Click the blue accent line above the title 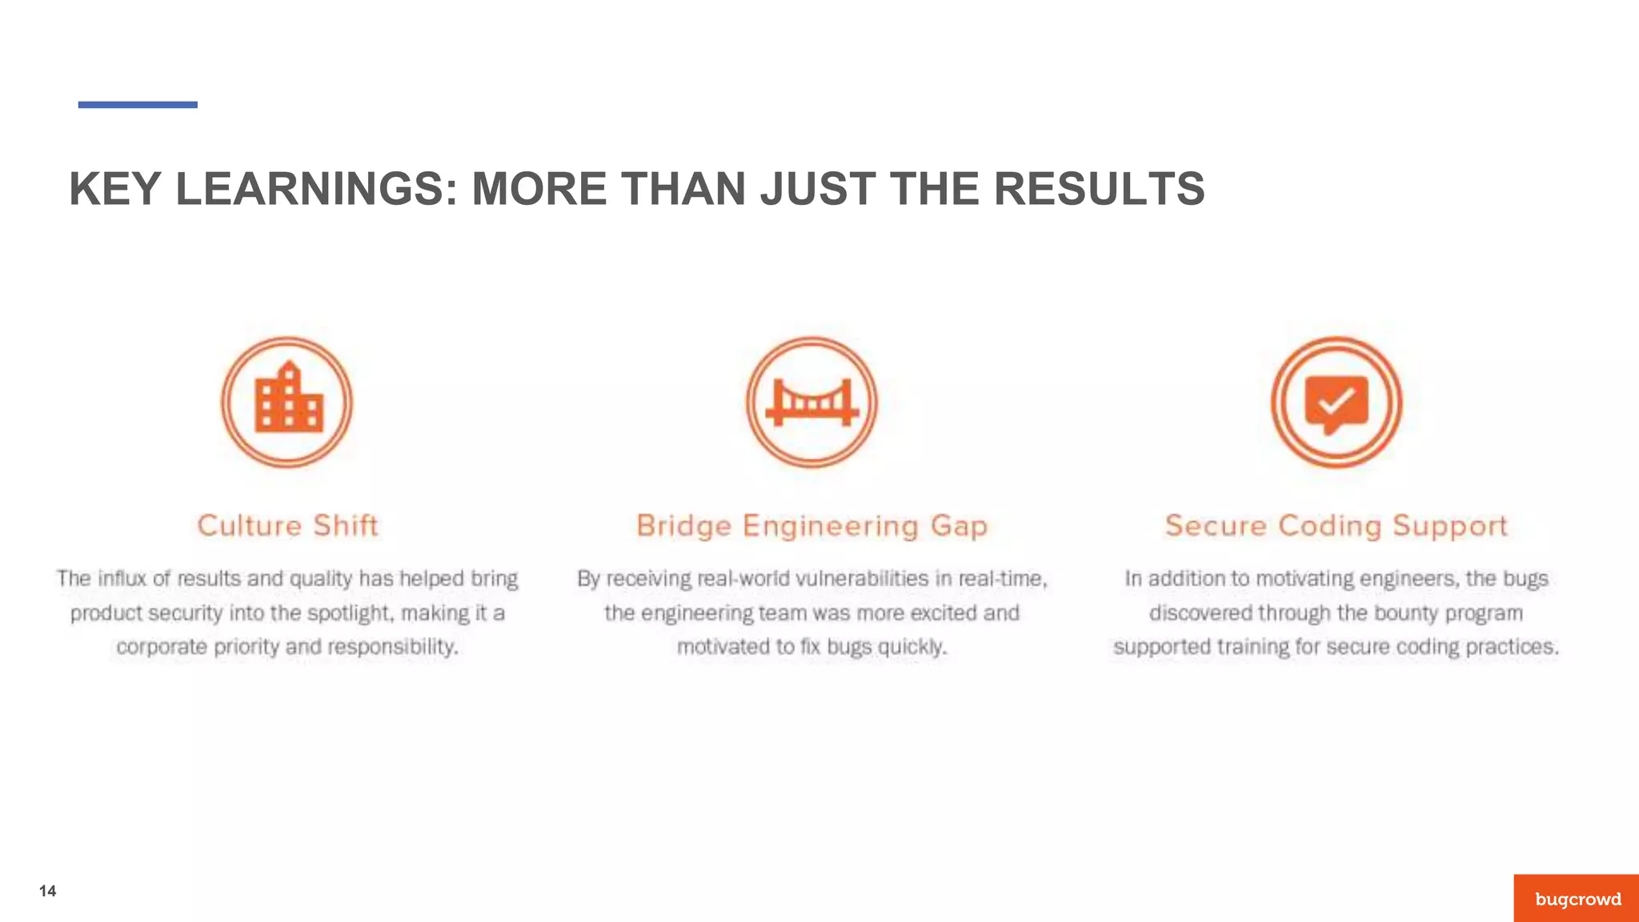click(138, 105)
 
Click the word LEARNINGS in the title click(316, 189)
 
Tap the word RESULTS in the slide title click(1099, 189)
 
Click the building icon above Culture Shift click(287, 400)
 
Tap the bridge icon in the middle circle click(811, 402)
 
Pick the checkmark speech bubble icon click(1336, 403)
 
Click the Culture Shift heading click(287, 525)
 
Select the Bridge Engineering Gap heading click(811, 526)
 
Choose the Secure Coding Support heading click(1336, 526)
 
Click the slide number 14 click(47, 892)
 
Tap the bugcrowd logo click(1577, 899)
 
